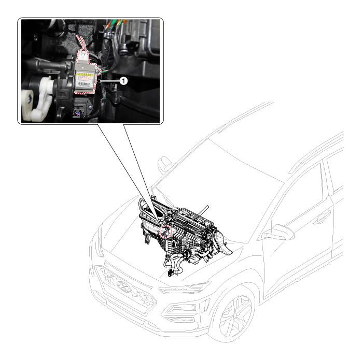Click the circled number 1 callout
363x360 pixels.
click(122, 81)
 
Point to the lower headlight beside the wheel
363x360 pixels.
click(183, 311)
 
